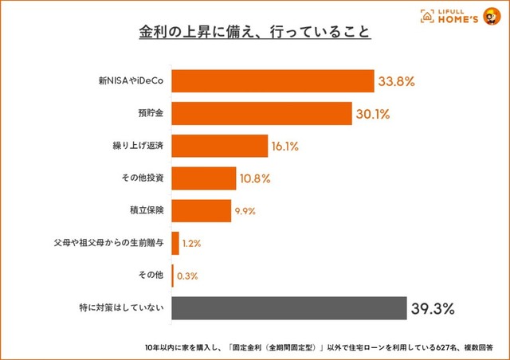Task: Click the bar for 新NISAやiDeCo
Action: point(273,81)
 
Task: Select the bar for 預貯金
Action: point(261,114)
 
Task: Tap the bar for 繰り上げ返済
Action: point(219,146)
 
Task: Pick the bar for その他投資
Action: point(204,178)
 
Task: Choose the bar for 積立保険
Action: point(201,210)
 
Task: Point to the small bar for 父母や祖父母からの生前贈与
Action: point(175,243)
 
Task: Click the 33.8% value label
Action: point(398,81)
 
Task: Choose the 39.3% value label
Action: point(433,308)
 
